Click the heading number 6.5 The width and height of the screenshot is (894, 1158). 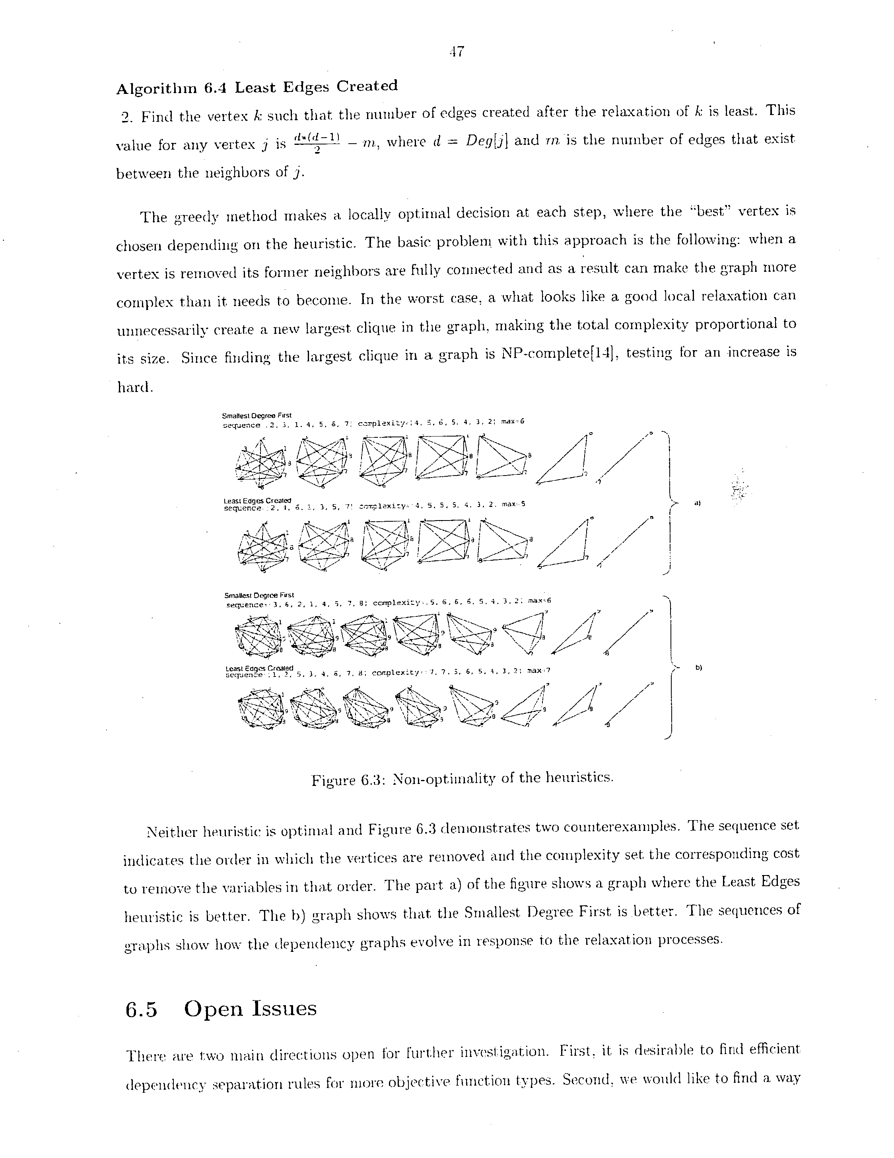(x=142, y=1009)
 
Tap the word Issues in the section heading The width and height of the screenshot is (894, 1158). (x=284, y=1008)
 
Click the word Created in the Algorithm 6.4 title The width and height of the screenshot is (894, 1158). (x=367, y=86)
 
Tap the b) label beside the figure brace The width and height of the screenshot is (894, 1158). (x=698, y=668)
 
